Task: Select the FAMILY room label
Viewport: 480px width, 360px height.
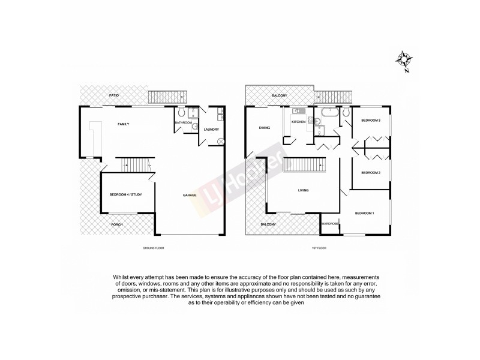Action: (124, 124)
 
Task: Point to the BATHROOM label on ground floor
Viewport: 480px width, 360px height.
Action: (183, 122)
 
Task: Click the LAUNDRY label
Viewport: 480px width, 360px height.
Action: (211, 130)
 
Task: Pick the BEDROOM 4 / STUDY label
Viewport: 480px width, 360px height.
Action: (124, 194)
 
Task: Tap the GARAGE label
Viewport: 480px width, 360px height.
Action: (190, 196)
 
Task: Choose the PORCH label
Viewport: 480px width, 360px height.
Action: (118, 225)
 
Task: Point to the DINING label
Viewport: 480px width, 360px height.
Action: (264, 128)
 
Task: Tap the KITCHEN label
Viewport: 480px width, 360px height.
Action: (298, 122)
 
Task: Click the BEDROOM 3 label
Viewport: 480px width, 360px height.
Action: (371, 121)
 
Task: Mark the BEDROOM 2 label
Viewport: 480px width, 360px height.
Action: (371, 173)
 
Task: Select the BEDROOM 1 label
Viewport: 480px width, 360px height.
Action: (364, 214)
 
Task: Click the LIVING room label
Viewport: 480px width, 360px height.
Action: (303, 191)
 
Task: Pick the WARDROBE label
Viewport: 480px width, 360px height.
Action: (330, 224)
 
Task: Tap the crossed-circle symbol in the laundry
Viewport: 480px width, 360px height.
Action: (220, 141)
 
